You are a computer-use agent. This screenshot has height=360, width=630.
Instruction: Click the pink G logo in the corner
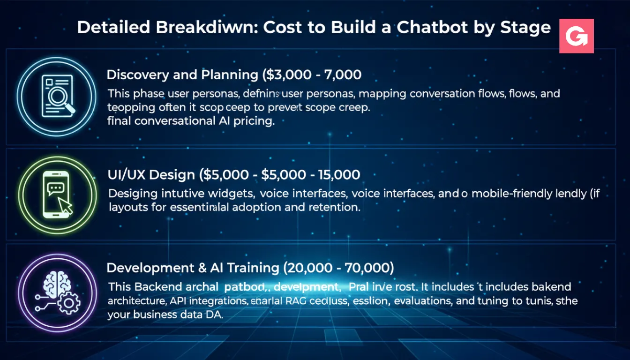tap(577, 36)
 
